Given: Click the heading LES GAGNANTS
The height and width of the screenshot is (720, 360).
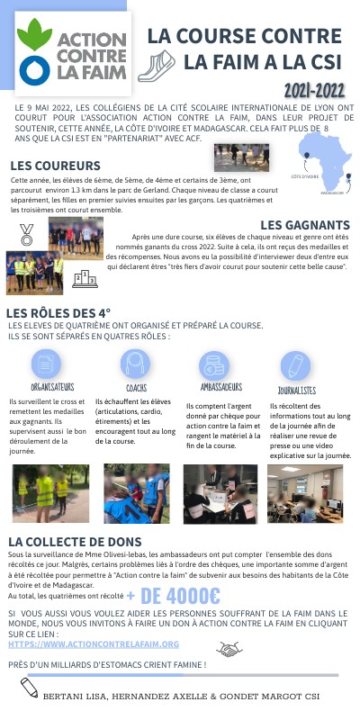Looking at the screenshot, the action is click(x=305, y=224).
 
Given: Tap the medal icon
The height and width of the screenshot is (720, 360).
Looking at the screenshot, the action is click(x=26, y=237).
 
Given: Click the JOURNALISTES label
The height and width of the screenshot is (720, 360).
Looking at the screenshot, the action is click(x=296, y=391).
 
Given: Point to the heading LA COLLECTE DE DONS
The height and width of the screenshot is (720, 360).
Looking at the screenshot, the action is click(x=75, y=541).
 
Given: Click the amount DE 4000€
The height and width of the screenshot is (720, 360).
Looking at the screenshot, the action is click(x=180, y=597).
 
